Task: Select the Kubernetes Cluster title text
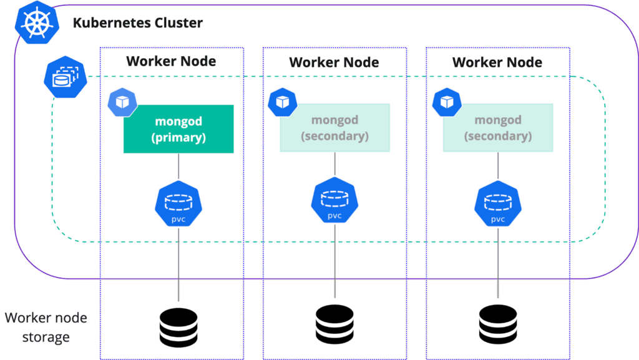click(138, 24)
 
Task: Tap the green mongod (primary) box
click(178, 129)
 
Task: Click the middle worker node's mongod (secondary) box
click(335, 128)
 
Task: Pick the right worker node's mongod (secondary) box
click(498, 128)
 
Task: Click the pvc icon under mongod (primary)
click(178, 205)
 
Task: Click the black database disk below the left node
click(178, 324)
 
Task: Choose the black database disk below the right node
click(498, 323)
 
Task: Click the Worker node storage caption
click(46, 328)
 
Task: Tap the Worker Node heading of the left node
click(171, 61)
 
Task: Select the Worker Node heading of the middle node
click(334, 62)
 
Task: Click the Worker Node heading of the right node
click(497, 62)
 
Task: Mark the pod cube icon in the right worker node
click(446, 102)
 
